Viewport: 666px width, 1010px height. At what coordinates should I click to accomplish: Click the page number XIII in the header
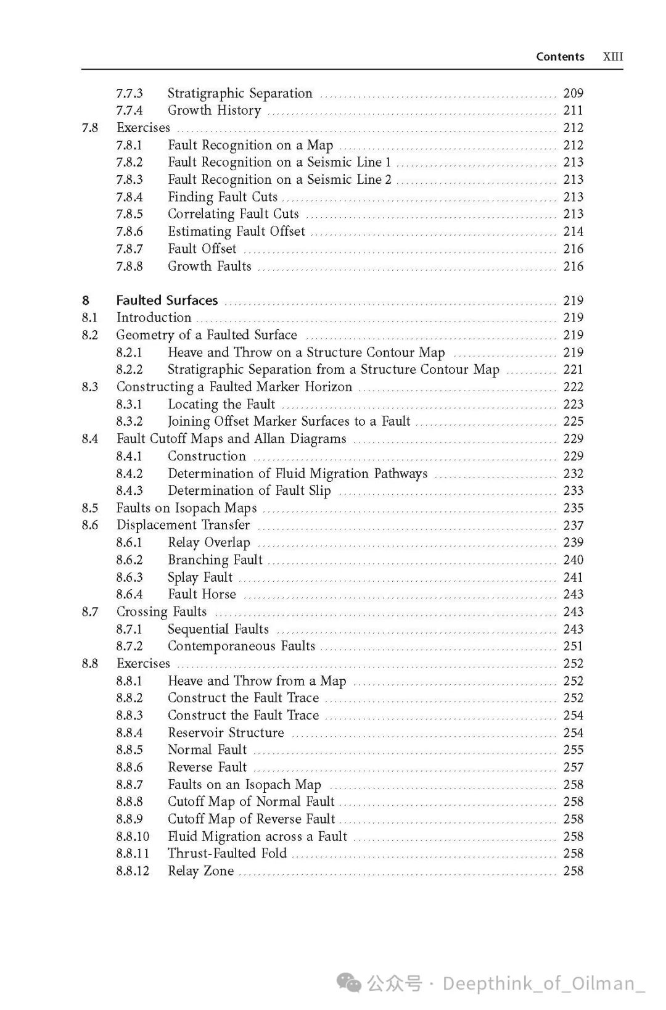click(x=612, y=57)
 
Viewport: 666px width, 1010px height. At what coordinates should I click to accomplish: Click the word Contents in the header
click(x=560, y=57)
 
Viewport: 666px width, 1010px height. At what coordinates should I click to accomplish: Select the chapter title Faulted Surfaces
click(x=167, y=300)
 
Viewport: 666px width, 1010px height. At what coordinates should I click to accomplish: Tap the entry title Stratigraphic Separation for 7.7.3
click(x=240, y=93)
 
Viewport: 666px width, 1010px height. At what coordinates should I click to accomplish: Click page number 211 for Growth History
click(x=573, y=110)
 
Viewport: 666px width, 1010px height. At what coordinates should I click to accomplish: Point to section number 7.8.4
click(x=129, y=197)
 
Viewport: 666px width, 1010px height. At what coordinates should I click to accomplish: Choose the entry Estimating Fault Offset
click(x=236, y=231)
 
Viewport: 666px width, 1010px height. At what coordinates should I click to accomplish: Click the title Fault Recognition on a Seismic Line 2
click(x=279, y=180)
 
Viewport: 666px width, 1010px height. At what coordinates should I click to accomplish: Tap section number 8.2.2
click(x=129, y=370)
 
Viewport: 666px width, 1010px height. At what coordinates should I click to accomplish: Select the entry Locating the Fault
click(x=221, y=404)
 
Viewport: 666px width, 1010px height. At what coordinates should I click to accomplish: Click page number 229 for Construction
click(x=573, y=456)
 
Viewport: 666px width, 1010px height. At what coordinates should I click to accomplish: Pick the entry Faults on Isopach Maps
click(x=186, y=508)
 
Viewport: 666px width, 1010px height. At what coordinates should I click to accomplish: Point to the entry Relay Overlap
click(x=209, y=542)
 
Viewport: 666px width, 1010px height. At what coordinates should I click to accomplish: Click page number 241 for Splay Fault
click(x=573, y=577)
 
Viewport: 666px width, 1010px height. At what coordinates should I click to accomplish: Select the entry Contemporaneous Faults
click(x=241, y=646)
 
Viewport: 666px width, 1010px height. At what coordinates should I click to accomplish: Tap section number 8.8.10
click(x=133, y=836)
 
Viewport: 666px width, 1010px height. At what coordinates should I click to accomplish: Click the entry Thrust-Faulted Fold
click(x=227, y=853)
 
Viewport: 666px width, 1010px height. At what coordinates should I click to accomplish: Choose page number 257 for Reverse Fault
click(x=573, y=767)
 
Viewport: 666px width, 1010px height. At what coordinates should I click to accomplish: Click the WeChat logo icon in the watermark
click(x=350, y=983)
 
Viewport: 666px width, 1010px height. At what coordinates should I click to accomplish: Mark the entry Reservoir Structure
click(x=226, y=732)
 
